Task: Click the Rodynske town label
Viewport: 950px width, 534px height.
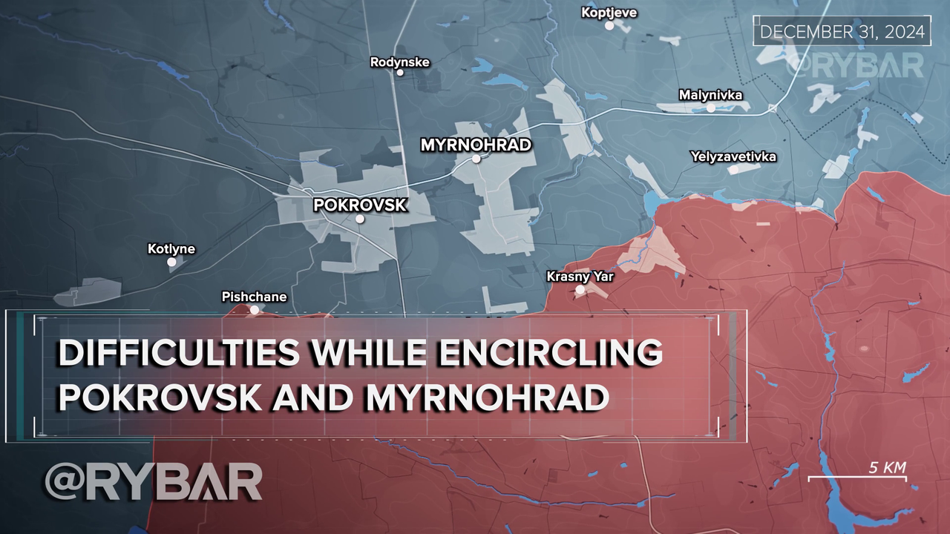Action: pyautogui.click(x=399, y=62)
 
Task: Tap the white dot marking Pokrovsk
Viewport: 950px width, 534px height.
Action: pyautogui.click(x=360, y=219)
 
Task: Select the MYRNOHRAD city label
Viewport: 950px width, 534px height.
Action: pyautogui.click(x=476, y=145)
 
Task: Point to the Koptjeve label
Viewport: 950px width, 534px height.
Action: pyautogui.click(x=609, y=13)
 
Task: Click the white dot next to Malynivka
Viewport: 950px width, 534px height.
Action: pyautogui.click(x=710, y=108)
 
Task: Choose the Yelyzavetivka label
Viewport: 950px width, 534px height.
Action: pyautogui.click(x=733, y=156)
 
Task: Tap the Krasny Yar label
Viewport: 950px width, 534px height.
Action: pyautogui.click(x=580, y=277)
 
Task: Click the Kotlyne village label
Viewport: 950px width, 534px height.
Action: pyautogui.click(x=171, y=248)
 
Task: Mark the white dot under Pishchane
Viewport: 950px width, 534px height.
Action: pyautogui.click(x=255, y=310)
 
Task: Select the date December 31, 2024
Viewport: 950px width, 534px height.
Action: pyautogui.click(x=842, y=33)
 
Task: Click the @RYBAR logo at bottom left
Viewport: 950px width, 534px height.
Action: pyautogui.click(x=153, y=482)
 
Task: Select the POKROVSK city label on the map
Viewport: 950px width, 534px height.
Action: pyautogui.click(x=360, y=205)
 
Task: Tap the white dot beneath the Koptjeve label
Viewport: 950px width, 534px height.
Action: pyautogui.click(x=609, y=25)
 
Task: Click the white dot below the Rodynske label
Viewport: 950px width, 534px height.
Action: pyautogui.click(x=400, y=73)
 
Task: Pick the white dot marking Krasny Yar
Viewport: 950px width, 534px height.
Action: pyautogui.click(x=580, y=290)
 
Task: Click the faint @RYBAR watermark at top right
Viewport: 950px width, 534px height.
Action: pyautogui.click(x=854, y=65)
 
